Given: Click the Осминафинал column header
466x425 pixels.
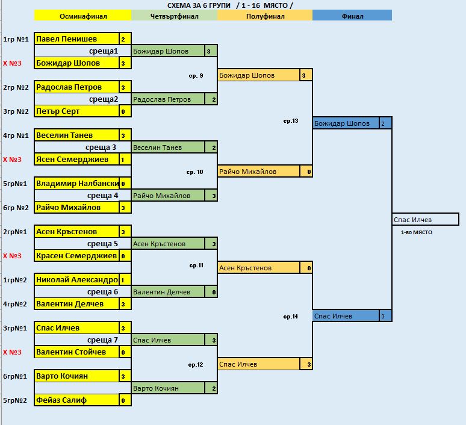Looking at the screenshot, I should [x=82, y=16].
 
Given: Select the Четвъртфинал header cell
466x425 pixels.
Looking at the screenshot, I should [x=174, y=16].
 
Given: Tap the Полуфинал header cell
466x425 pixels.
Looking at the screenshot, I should [x=265, y=16].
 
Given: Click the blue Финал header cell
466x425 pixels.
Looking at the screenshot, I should [x=352, y=16].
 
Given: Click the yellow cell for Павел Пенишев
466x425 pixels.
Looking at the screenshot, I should [x=76, y=39].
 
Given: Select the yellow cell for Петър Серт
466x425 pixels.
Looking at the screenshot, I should [x=76, y=111].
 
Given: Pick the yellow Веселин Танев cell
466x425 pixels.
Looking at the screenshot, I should [x=76, y=135].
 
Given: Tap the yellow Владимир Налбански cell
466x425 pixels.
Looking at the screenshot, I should [x=76, y=184].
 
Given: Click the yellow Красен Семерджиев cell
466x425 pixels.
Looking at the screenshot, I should [x=76, y=256].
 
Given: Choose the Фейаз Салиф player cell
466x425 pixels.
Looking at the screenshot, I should [x=76, y=400].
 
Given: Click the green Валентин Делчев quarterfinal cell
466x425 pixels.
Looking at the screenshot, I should [x=168, y=292].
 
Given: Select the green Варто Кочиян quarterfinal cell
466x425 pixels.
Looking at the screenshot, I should [x=168, y=388].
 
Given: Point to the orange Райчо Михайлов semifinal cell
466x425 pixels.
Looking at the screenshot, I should [x=259, y=172].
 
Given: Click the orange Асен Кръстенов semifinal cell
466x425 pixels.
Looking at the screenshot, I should [x=259, y=268].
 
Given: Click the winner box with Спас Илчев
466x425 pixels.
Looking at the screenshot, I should [x=425, y=220].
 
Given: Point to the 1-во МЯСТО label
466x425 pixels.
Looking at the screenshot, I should [x=417, y=232].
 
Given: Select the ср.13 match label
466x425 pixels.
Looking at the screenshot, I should [x=291, y=121].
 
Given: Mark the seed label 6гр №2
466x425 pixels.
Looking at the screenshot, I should [x=16, y=208].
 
